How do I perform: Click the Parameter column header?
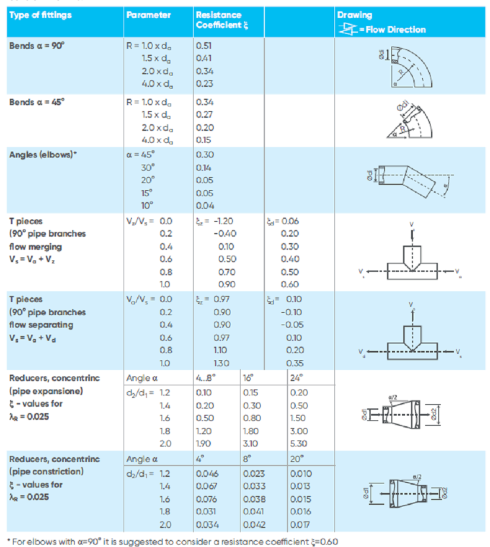[148, 15]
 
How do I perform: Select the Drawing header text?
[355, 15]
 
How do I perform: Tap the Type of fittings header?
[40, 15]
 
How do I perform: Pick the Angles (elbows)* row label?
[41, 155]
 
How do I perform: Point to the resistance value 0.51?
[204, 46]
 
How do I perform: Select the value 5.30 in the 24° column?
[301, 444]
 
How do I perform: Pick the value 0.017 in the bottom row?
[300, 524]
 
